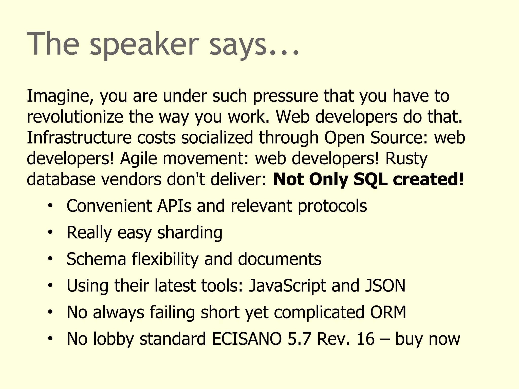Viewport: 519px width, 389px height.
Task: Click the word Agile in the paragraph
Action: (138, 159)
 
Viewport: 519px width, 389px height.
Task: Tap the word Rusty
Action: (406, 159)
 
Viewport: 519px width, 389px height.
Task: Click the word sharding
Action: (190, 232)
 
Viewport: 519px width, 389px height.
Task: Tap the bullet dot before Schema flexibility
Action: (50, 259)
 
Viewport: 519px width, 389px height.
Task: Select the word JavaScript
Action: (287, 285)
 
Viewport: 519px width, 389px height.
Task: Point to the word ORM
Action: (388, 312)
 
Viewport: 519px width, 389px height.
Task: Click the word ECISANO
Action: (247, 339)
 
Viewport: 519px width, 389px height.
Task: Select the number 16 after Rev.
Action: (365, 339)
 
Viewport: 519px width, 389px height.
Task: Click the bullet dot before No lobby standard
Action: (50, 338)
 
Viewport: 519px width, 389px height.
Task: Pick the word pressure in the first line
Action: (285, 96)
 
